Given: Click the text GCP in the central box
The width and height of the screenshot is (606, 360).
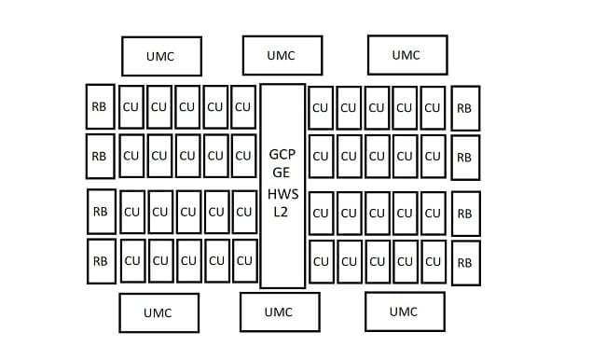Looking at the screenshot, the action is (x=282, y=155).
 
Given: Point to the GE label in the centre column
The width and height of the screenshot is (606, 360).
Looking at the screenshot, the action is (x=281, y=173).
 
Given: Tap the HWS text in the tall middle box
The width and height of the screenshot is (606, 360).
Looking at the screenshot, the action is (x=282, y=194).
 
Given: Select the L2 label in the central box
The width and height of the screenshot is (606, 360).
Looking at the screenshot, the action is (x=281, y=212).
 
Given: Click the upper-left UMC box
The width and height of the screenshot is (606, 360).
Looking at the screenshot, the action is (x=161, y=57).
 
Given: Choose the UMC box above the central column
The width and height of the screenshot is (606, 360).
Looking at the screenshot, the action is (x=282, y=56).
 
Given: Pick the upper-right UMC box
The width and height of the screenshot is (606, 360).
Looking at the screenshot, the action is (x=407, y=55).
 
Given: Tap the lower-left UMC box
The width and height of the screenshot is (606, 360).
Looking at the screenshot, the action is (x=159, y=312).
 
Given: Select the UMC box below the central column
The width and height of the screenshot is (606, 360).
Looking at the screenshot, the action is (x=280, y=312).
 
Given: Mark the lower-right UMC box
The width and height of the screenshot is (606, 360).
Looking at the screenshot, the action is (x=405, y=312).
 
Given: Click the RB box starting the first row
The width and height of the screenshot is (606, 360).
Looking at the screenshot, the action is (x=101, y=106).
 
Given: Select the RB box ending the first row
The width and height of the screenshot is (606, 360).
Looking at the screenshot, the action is (x=466, y=108).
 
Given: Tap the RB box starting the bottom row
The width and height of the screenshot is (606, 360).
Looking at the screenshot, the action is (x=102, y=261).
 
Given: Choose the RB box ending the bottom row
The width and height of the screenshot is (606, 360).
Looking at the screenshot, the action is (x=466, y=263).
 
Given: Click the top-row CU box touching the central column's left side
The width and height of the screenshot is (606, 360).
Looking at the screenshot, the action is (x=243, y=107).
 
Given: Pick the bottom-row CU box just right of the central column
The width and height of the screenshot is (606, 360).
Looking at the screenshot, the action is (x=322, y=262).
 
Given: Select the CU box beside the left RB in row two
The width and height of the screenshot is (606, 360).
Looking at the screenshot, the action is (x=131, y=156).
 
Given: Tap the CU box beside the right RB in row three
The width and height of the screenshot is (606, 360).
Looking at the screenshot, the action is (x=434, y=213).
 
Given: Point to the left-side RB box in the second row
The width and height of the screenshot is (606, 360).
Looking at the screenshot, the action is (x=101, y=157).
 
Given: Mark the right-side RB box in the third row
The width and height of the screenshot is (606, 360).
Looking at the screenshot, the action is (x=466, y=214).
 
